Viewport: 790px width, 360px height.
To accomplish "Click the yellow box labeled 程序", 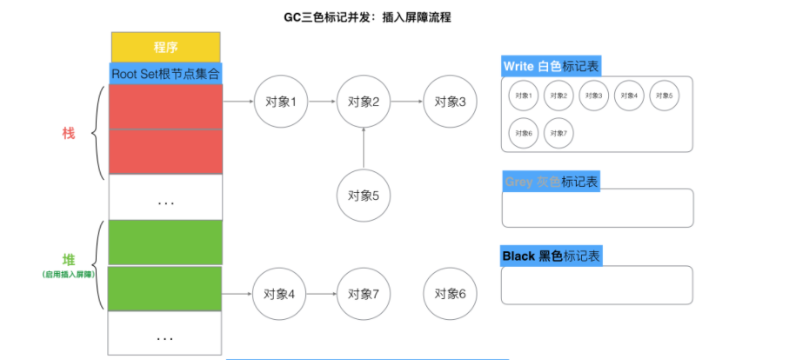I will (x=165, y=47).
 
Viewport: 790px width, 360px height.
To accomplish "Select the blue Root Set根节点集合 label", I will (x=165, y=73).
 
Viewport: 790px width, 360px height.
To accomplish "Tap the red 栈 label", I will (x=69, y=133).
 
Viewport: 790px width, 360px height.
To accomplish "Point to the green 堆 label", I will (x=69, y=259).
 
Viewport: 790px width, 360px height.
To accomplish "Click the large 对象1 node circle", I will (x=281, y=102).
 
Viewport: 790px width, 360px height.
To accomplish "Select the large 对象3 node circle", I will (x=451, y=102).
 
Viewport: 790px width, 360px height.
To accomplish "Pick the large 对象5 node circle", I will (x=364, y=196).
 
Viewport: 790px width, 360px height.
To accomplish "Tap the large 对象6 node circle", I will (x=451, y=294).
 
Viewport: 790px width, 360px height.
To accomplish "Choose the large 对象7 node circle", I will (x=364, y=294).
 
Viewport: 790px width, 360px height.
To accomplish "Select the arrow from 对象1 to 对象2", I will (x=322, y=102).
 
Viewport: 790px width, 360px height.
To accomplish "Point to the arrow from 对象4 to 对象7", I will (x=322, y=294).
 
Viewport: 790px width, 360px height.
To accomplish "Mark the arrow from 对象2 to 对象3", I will (x=407, y=102).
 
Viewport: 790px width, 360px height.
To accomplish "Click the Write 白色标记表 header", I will (x=551, y=66).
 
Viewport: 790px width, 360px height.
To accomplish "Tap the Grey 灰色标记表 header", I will (x=551, y=182).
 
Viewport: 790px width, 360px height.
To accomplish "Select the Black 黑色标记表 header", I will (x=551, y=257).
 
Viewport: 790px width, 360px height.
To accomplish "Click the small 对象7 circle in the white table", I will (x=559, y=133).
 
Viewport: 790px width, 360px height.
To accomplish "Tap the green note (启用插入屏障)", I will (x=69, y=275).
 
